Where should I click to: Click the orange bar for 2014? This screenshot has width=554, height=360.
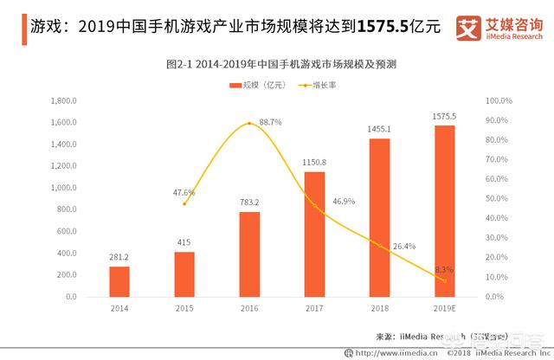[x=119, y=281]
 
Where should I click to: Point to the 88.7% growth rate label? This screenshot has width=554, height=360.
[x=269, y=122]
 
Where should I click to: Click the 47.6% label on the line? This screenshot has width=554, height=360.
[x=184, y=192]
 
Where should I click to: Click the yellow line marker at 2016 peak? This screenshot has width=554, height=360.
[x=249, y=123]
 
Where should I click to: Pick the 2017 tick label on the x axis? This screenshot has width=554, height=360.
[x=314, y=308]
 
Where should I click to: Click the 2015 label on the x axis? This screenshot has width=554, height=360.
[x=184, y=308]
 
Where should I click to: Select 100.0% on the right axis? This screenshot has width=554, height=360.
[x=499, y=100]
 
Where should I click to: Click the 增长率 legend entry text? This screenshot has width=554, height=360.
[x=325, y=84]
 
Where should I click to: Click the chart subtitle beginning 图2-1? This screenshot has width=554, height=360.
[x=276, y=65]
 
